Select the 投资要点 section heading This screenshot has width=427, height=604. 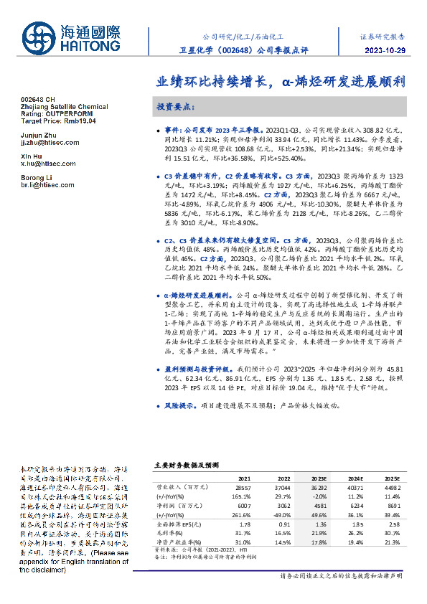(174, 106)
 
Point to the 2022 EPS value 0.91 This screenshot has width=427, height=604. (283, 525)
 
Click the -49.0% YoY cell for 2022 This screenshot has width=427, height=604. (281, 514)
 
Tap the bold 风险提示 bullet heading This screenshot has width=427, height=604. (182, 405)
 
